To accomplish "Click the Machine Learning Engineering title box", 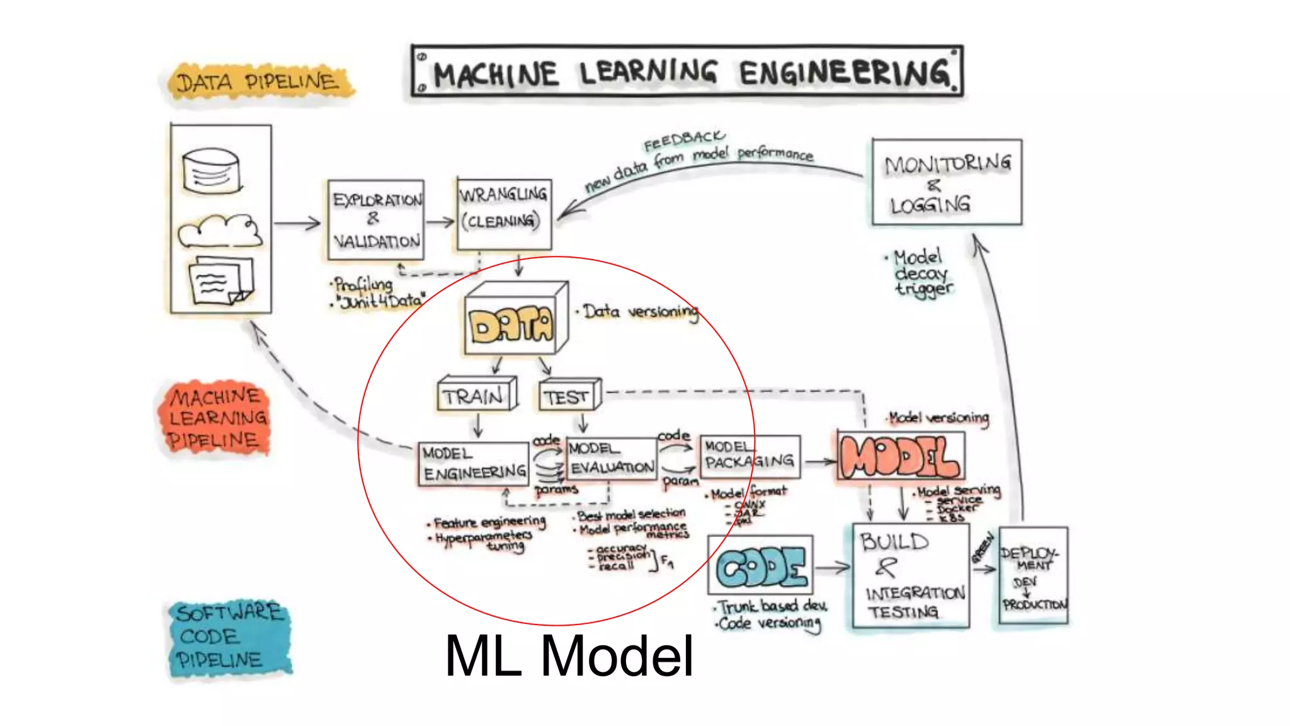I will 687,71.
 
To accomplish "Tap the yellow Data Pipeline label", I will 257,82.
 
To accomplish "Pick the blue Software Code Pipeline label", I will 228,637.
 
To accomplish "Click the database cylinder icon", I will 212,170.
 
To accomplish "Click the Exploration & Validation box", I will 376,220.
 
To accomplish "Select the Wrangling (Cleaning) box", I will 504,214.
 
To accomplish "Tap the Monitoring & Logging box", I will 946,182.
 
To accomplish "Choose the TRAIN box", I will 476,395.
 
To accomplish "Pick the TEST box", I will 569,396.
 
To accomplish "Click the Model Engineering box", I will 474,463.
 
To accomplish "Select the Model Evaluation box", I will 611,458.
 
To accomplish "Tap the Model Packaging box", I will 750,456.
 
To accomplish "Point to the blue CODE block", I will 761,566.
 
